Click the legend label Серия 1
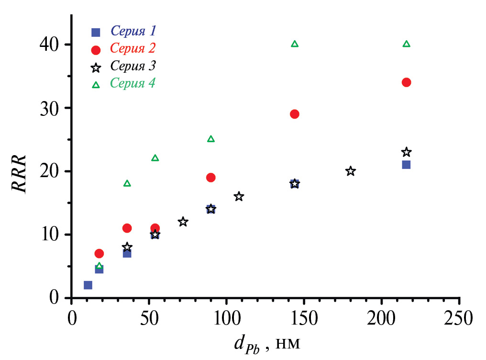tap(133, 32)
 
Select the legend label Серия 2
tap(133, 48)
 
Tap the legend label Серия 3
tap(133, 65)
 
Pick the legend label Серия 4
tap(133, 83)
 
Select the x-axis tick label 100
tap(226, 317)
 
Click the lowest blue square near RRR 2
tap(88, 285)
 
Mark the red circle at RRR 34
tap(407, 82)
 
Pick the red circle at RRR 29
tap(295, 114)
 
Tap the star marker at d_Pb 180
tap(351, 171)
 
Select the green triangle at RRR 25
tap(211, 139)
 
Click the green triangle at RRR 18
tap(127, 183)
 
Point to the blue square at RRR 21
tap(407, 165)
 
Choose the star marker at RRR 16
tap(239, 196)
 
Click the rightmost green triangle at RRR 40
tap(407, 44)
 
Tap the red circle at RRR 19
tap(211, 178)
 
